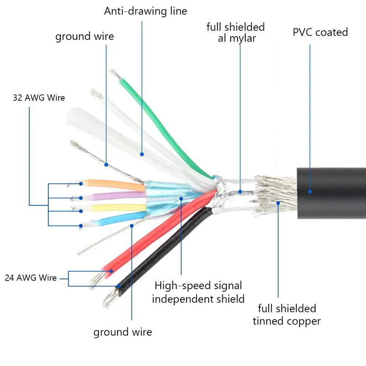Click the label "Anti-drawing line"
coord(145,11)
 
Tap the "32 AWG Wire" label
coord(38,98)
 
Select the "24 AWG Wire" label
coord(31,278)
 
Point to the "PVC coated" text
coord(320,32)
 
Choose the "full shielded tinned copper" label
coord(286,315)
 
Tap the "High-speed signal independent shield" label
coord(198,292)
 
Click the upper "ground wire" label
coord(85,37)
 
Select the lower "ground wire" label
coord(123,332)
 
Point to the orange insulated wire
coord(114,184)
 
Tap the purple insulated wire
coord(114,197)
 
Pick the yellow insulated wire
coord(114,209)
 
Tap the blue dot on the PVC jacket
coord(310,192)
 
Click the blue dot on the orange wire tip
coord(81,184)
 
